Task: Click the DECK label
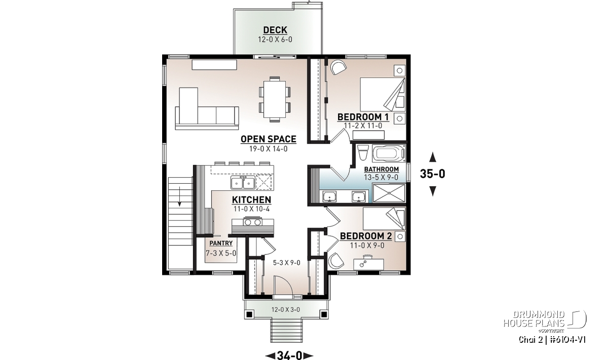click(275, 30)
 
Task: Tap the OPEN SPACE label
click(269, 139)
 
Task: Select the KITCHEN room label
click(252, 200)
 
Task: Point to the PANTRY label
click(221, 243)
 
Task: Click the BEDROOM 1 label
click(363, 117)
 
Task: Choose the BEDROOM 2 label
click(366, 236)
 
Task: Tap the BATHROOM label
click(382, 169)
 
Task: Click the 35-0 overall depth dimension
click(433, 174)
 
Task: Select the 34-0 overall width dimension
click(289, 355)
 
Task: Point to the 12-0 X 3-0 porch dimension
click(286, 309)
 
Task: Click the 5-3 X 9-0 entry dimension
click(287, 263)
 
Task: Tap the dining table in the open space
click(275, 99)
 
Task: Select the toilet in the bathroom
click(363, 153)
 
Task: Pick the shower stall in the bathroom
click(389, 193)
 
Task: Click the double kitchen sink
click(243, 182)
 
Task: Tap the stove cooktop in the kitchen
click(253, 222)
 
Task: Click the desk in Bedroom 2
click(369, 263)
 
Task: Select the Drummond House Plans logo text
click(534, 319)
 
